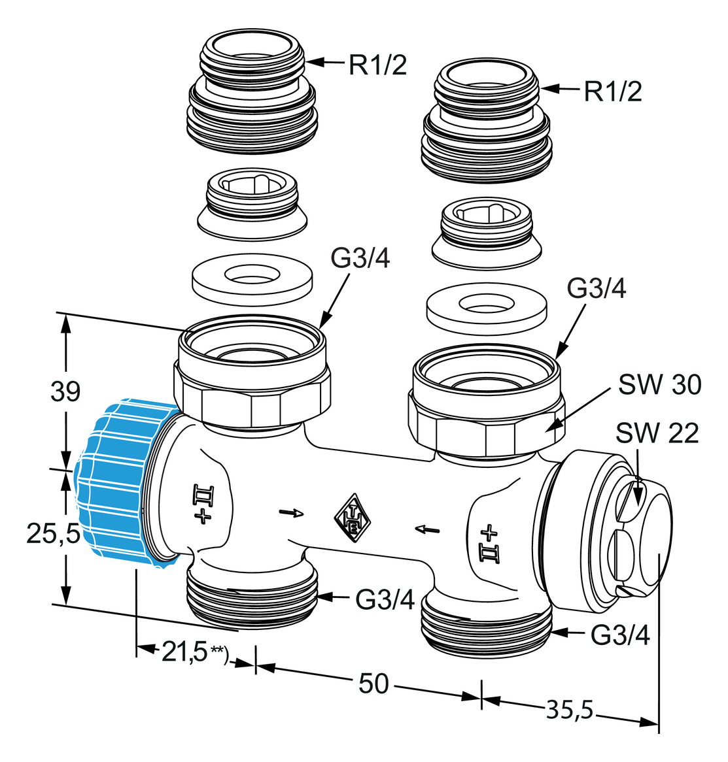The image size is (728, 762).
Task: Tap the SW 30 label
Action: point(659,385)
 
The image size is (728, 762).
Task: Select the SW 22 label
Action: point(657,433)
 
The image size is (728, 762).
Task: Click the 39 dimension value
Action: point(65,391)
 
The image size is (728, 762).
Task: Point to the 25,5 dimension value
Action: point(52,534)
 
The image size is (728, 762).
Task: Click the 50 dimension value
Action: point(373,684)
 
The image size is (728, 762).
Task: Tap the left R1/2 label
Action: point(377,65)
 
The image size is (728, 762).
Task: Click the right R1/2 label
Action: point(612,91)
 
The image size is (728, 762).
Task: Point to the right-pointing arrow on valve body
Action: point(291,512)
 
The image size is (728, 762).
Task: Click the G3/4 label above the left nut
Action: point(360,259)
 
